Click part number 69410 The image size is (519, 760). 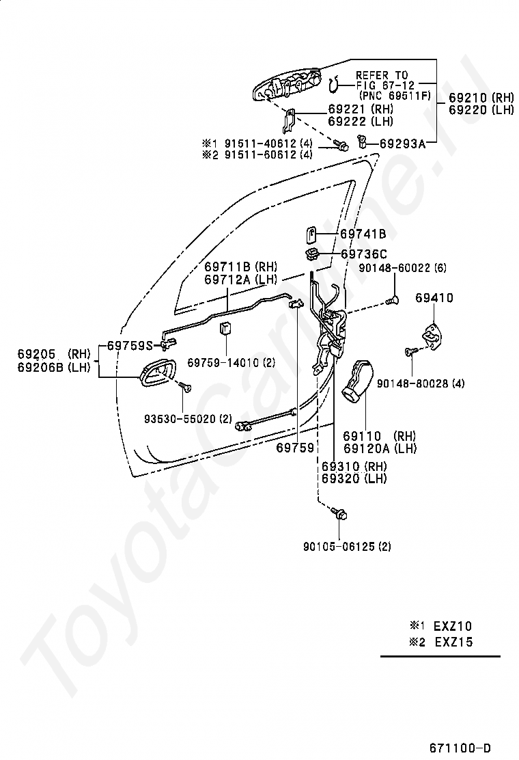click(x=434, y=298)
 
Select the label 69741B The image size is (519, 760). click(x=363, y=234)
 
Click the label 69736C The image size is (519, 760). click(x=363, y=254)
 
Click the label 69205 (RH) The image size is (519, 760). click(x=53, y=354)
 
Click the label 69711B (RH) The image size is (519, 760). click(x=240, y=266)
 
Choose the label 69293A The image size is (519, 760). click(x=402, y=143)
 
